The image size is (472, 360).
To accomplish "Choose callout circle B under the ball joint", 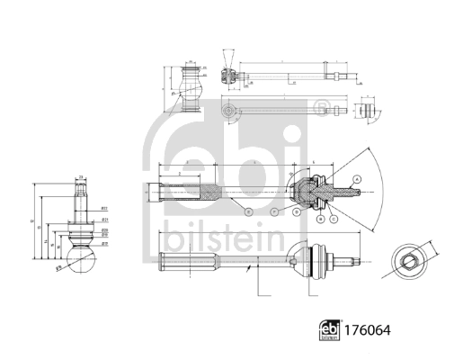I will point(320,218).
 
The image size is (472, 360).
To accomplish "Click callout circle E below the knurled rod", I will point(247,212).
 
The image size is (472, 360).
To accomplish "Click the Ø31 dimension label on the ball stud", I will point(105,219).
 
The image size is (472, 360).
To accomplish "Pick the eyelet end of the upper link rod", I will point(228,112).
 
